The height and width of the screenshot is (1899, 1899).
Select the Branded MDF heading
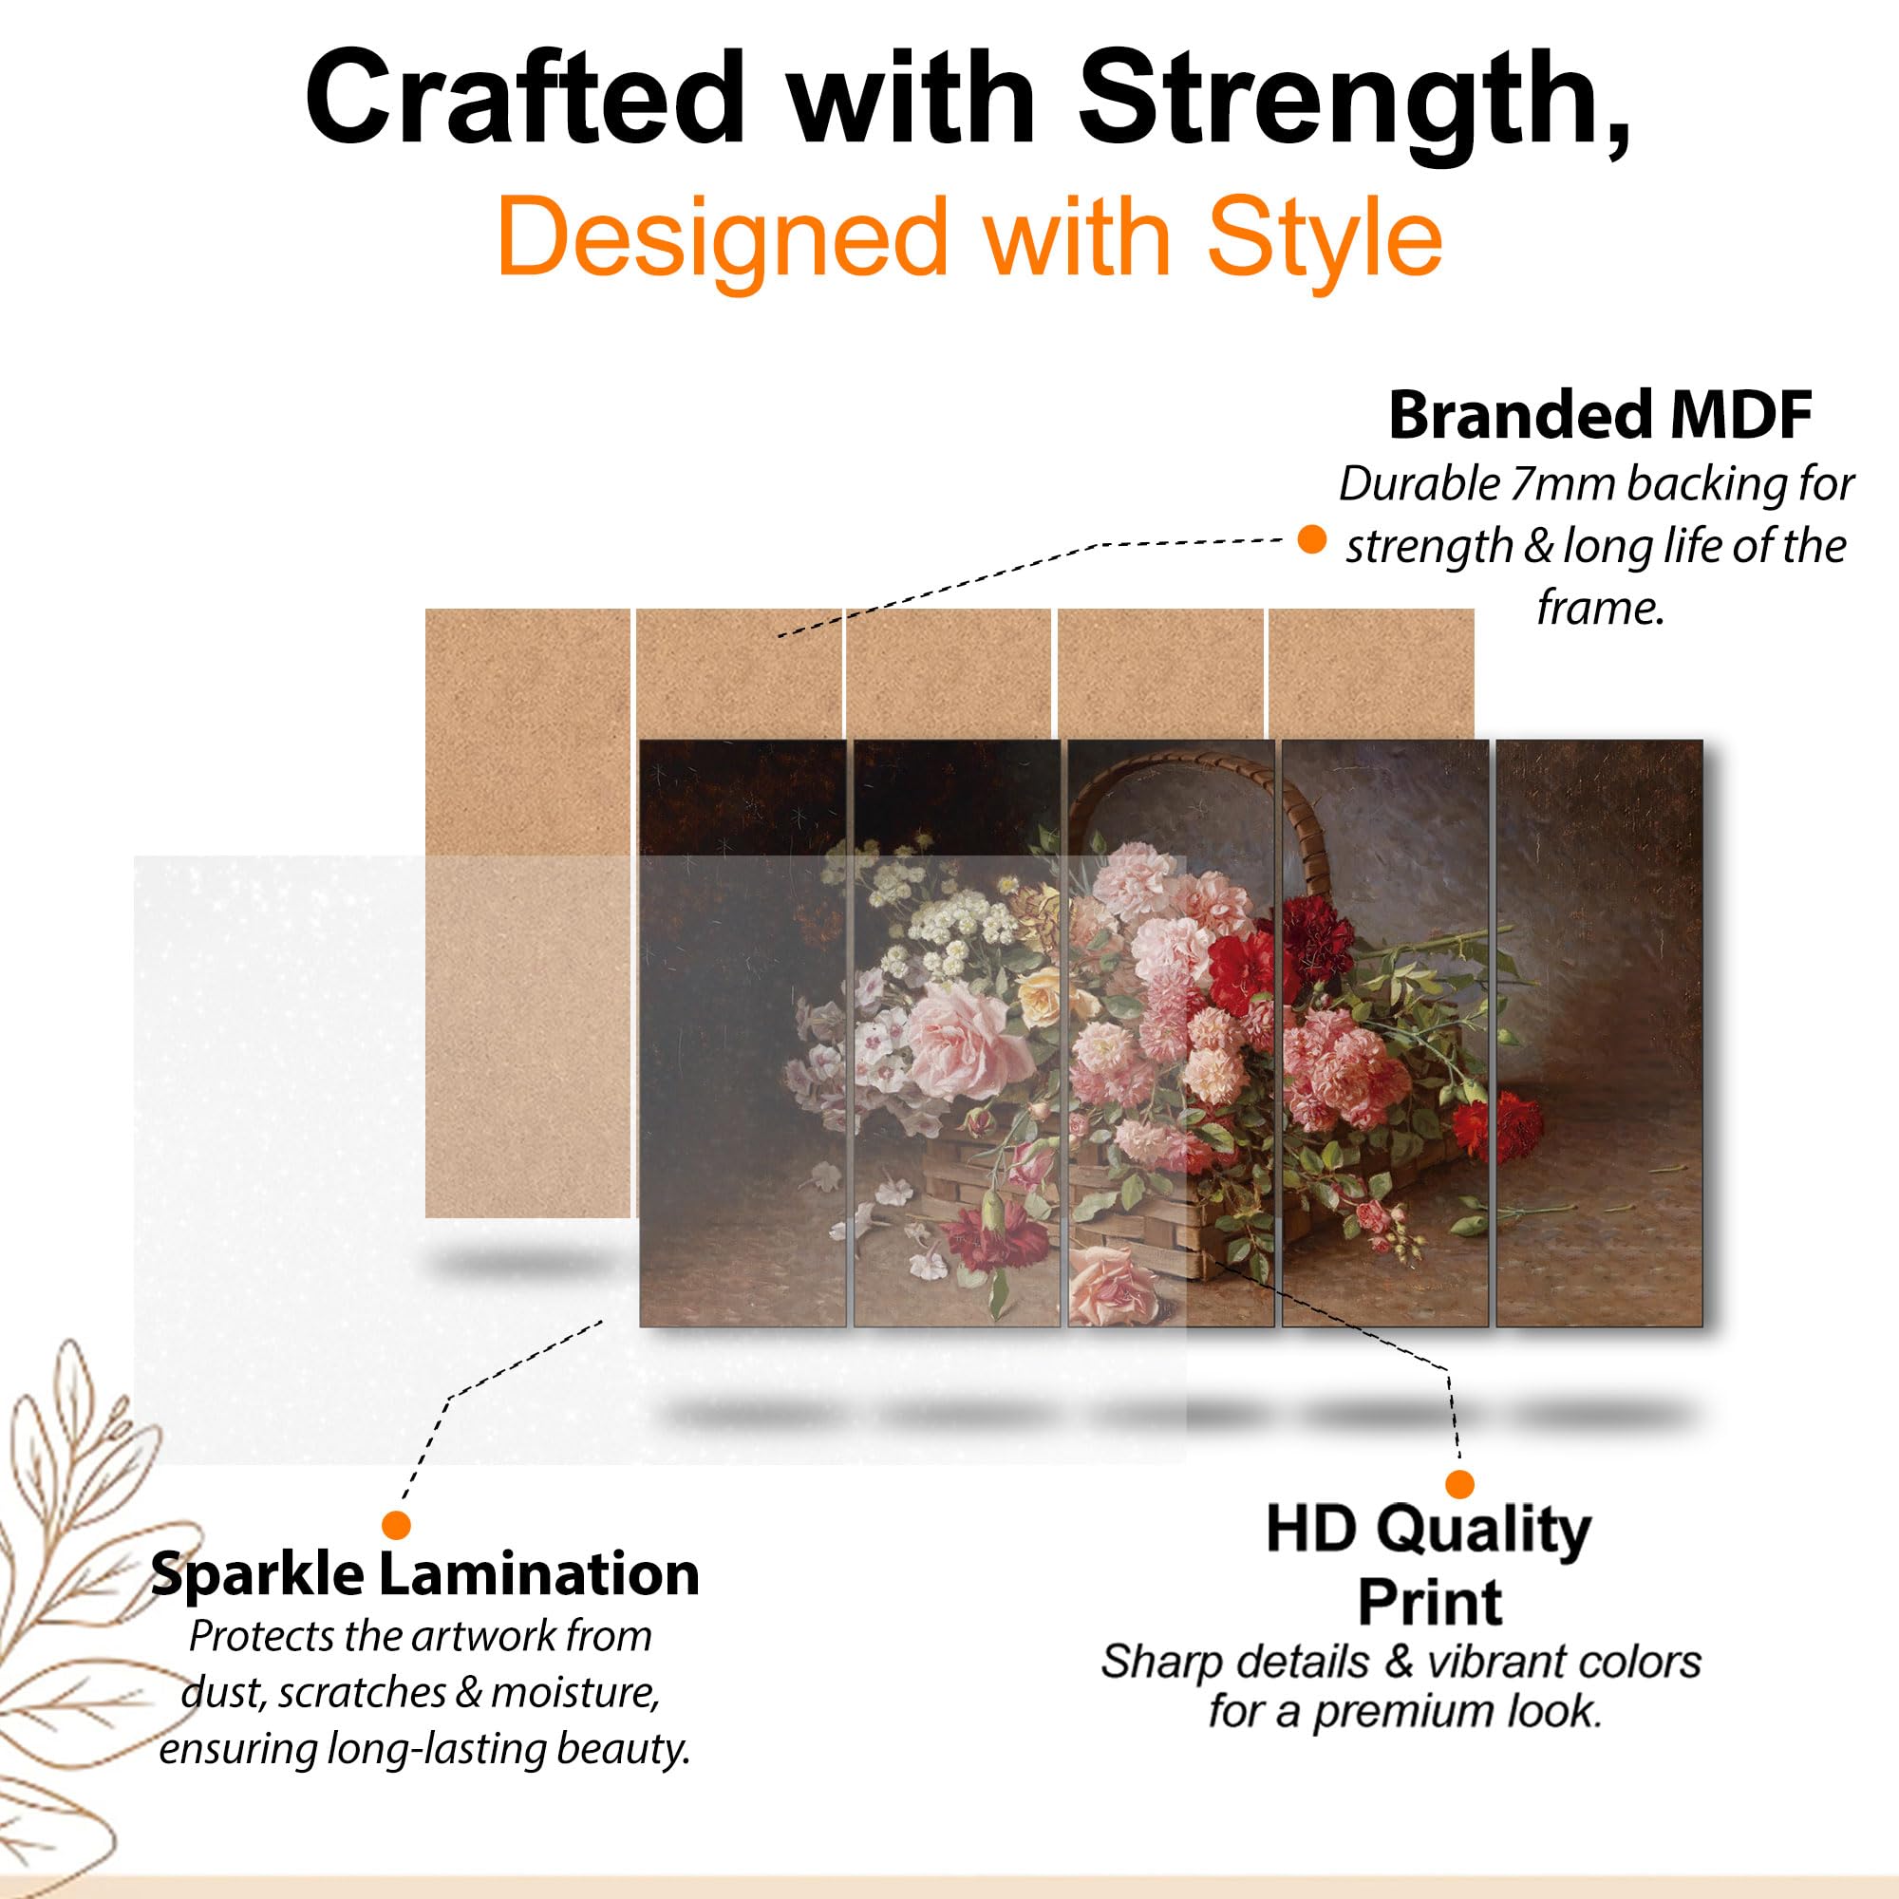pyautogui.click(x=1600, y=415)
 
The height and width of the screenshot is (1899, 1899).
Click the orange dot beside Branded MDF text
pyautogui.click(x=1311, y=538)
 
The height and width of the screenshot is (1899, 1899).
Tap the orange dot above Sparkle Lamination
pyautogui.click(x=396, y=1526)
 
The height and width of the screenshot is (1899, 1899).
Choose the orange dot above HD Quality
pyautogui.click(x=1459, y=1484)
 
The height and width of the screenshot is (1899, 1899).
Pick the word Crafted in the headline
pyautogui.click(x=525, y=99)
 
